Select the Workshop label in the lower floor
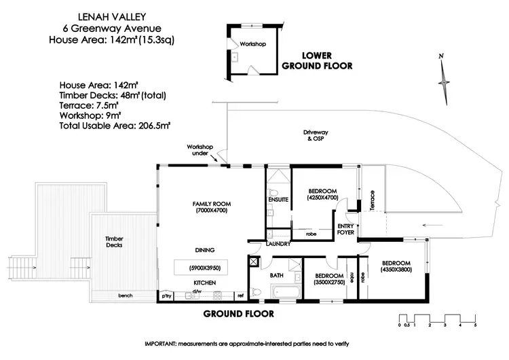(x=252, y=44)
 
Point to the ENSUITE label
(x=278, y=199)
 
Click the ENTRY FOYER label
(x=347, y=229)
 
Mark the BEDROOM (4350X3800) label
(x=395, y=266)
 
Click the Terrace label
(x=371, y=203)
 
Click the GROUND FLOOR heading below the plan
(x=239, y=314)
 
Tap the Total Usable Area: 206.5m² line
(x=115, y=126)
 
